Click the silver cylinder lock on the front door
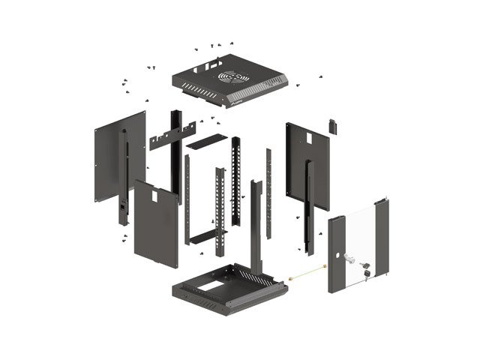(x=349, y=257)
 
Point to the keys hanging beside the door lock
(x=366, y=270)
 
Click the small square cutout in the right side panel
(x=308, y=138)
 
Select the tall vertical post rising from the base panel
(x=256, y=225)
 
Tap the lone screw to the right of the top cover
(x=321, y=76)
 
